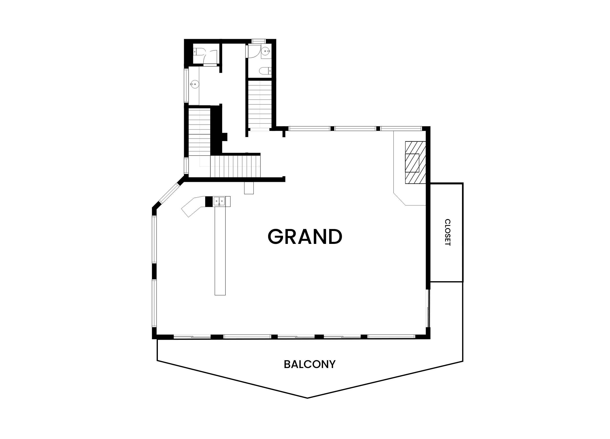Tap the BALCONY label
click(x=310, y=365)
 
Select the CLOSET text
click(x=447, y=232)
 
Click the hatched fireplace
click(x=415, y=162)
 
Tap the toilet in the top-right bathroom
click(x=265, y=71)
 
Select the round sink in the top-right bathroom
click(x=266, y=51)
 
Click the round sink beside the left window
click(x=194, y=84)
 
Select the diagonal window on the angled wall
click(x=169, y=193)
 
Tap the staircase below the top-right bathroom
click(x=260, y=105)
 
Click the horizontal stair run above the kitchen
click(x=235, y=167)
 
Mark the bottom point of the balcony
click(x=307, y=398)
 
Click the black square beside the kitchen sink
click(x=209, y=202)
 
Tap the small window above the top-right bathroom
click(x=259, y=41)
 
